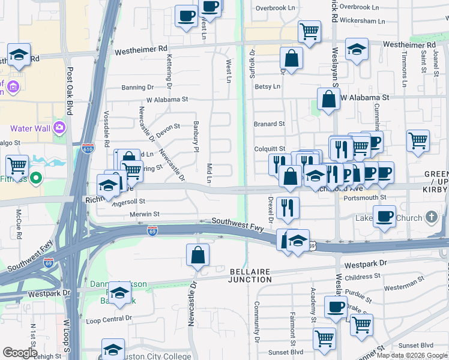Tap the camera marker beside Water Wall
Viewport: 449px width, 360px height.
tap(59, 128)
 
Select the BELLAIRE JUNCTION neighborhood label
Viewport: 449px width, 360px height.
tap(251, 275)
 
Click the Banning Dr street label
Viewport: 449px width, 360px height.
tap(133, 88)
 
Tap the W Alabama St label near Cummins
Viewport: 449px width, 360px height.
tap(365, 97)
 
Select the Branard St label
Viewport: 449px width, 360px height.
tap(269, 124)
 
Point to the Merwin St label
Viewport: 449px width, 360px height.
tap(145, 214)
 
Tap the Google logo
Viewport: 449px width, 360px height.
tap(20, 353)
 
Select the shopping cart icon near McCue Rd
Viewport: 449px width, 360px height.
tap(18, 164)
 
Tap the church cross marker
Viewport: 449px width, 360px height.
tap(432, 217)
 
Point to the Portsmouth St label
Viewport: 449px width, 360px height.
tap(377, 197)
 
